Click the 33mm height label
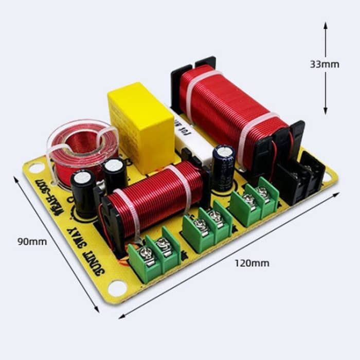tap(324, 64)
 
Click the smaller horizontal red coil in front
tap(154, 198)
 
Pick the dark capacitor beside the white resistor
tap(224, 167)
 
